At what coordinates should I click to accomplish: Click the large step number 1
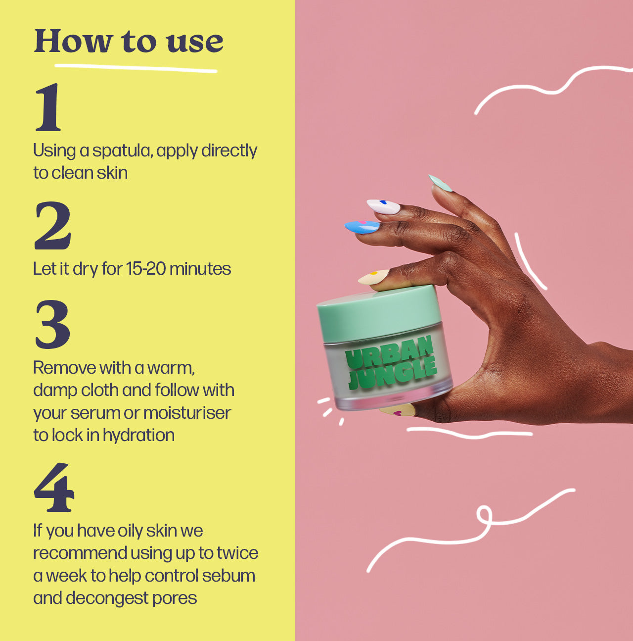(48, 107)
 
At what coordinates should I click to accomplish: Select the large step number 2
(53, 226)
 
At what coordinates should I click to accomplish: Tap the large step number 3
(52, 324)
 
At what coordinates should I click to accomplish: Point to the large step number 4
(54, 487)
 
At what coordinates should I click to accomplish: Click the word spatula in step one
(122, 151)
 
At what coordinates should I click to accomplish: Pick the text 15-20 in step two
(145, 269)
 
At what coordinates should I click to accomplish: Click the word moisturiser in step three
(187, 413)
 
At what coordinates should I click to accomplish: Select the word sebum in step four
(228, 576)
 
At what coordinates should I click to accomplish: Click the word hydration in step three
(138, 436)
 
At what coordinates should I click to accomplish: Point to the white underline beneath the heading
(136, 68)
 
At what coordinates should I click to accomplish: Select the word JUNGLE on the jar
(392, 374)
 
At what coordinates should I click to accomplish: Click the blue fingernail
(362, 227)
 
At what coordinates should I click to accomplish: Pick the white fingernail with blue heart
(383, 206)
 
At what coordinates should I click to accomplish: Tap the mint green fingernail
(440, 183)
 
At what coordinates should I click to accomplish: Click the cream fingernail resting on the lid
(373, 277)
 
